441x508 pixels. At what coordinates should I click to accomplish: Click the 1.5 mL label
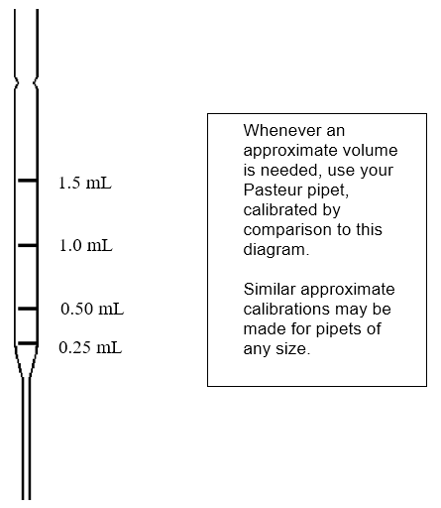(x=85, y=184)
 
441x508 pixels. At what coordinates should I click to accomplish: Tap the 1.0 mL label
(x=85, y=245)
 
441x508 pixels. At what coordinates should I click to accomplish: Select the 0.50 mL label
(x=92, y=309)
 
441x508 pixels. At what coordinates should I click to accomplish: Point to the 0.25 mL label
(x=90, y=348)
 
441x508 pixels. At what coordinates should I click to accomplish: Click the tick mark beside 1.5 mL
(x=27, y=182)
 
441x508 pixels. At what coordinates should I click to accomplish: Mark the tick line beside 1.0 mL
(x=27, y=243)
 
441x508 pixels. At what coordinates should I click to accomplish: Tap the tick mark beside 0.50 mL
(x=27, y=309)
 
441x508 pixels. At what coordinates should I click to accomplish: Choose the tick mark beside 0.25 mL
(x=27, y=343)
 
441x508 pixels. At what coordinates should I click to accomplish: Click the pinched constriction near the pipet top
(x=27, y=80)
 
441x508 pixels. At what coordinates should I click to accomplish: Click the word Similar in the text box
(x=268, y=289)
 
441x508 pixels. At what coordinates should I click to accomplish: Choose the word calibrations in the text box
(x=285, y=309)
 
